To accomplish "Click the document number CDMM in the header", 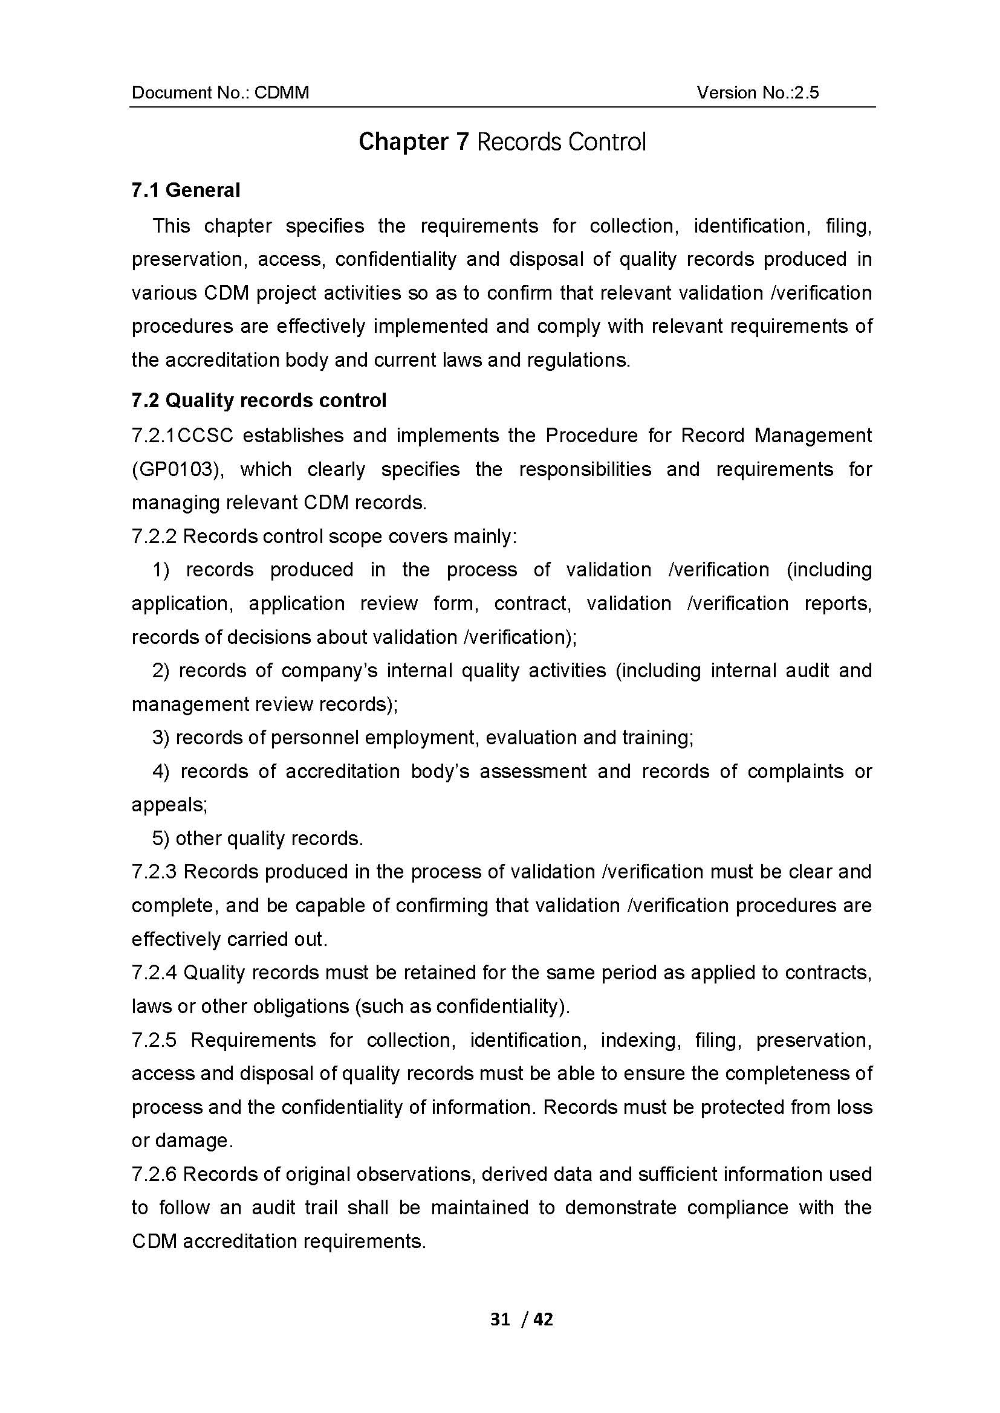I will (281, 92).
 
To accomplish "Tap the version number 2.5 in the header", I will (806, 92).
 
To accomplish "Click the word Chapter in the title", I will (403, 141).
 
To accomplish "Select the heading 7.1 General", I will (186, 190).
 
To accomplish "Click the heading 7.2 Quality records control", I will (259, 400).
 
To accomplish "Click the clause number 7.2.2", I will (154, 536).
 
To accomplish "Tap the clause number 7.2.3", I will (154, 872).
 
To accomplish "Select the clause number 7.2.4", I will (154, 973).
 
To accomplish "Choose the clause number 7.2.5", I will (154, 1040).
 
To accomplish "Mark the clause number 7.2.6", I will (154, 1174).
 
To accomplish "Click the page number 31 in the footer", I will (500, 1319).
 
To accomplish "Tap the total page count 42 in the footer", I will (543, 1319).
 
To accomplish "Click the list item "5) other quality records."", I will (258, 838).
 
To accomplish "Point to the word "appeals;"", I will (169, 805).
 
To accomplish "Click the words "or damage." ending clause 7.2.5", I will (182, 1141).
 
